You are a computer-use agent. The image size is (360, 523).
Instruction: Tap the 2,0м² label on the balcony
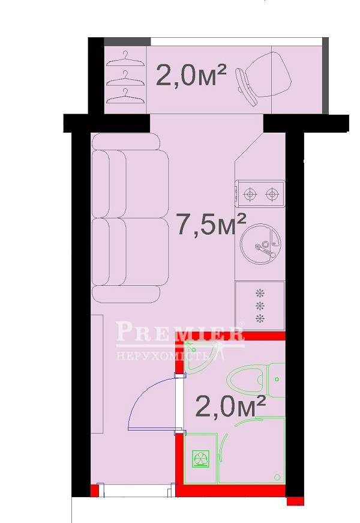pos(191,74)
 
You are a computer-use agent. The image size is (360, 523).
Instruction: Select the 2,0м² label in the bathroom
pos(230,407)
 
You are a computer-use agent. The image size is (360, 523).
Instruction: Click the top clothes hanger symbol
pos(125,59)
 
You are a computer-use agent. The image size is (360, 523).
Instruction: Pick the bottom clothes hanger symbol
pos(125,95)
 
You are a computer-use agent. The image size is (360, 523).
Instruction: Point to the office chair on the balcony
pos(263,80)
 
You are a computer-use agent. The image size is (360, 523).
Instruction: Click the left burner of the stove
pos(250,193)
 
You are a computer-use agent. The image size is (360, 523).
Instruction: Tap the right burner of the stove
pos(272,193)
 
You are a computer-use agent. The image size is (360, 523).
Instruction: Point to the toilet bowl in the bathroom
pos(247,380)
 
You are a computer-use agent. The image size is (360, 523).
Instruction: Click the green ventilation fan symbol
pos(200,458)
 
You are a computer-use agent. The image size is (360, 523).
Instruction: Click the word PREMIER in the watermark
pos(180,331)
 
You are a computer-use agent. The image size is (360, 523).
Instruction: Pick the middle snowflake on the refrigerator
pos(260,306)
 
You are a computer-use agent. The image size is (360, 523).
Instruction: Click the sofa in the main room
pos(131,218)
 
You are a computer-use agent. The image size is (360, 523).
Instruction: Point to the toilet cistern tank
pos(277,380)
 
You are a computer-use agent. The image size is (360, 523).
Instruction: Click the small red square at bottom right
pos(295,501)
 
